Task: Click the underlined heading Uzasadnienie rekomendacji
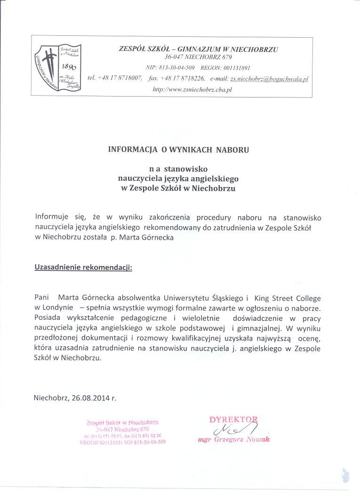click(83, 268)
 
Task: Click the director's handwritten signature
click(235, 429)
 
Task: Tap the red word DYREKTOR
click(233, 419)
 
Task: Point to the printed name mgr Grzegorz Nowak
click(234, 440)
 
